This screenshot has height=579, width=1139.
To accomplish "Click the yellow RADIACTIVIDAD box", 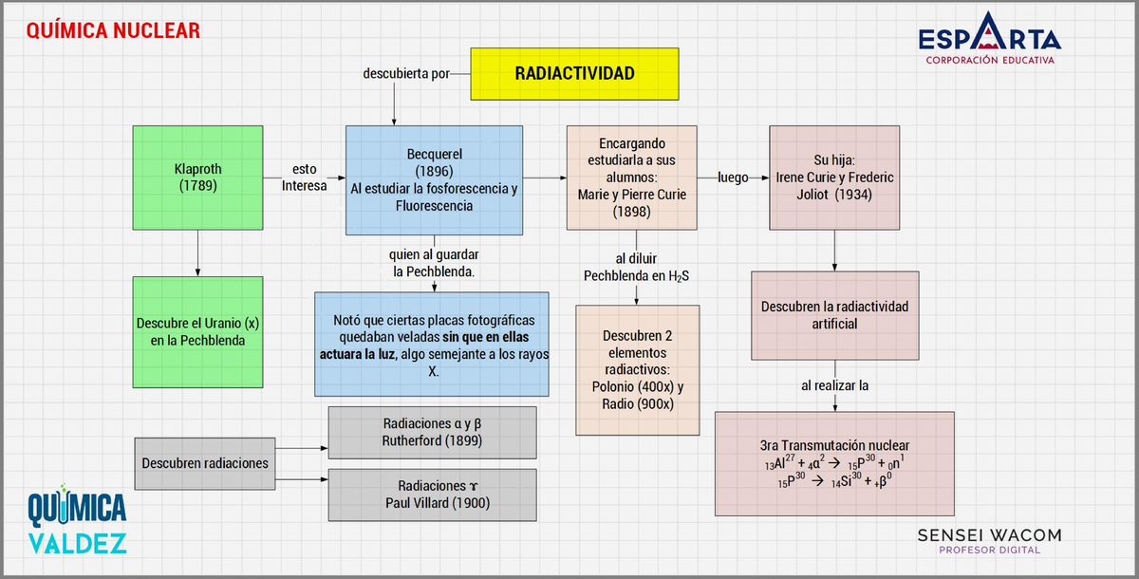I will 574,74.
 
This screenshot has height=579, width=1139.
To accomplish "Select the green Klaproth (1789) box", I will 197,178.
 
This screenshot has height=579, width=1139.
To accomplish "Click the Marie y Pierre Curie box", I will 631,177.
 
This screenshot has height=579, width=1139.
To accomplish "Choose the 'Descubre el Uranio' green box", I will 197,331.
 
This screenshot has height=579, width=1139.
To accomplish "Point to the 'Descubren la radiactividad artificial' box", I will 834,315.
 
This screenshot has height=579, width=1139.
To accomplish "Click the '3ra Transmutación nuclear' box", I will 834,463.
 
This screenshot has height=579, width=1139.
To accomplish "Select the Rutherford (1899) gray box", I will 432,432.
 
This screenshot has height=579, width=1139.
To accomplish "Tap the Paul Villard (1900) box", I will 432,494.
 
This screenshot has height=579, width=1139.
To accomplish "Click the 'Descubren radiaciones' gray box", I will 205,463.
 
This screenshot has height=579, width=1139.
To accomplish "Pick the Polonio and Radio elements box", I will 638,369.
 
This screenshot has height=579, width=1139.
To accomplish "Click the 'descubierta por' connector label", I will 406,73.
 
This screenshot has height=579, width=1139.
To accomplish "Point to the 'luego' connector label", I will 733,177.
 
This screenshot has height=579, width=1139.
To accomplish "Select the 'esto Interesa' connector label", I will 304,177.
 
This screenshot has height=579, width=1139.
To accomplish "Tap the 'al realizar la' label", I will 834,385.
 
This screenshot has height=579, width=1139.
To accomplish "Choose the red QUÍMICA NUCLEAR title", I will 113,30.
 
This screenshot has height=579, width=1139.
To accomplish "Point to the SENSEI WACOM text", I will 989,536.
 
